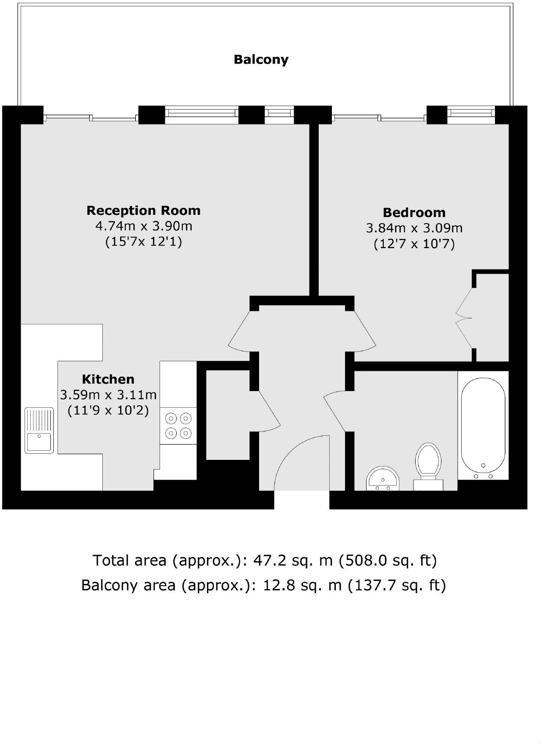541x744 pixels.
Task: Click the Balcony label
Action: coord(261,60)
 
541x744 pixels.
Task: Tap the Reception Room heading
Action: coord(143,210)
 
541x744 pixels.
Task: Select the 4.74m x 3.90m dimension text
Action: coord(143,226)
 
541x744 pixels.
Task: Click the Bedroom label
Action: coord(414,213)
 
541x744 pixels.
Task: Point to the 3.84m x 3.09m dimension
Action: coord(414,228)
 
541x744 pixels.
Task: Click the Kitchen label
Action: coord(108,379)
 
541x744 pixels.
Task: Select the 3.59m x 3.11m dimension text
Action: coord(108,395)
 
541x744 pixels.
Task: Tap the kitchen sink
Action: coord(39,430)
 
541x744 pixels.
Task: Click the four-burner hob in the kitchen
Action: coord(178,426)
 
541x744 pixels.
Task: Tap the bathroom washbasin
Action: coord(383,479)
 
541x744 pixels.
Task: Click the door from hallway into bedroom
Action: coord(364,331)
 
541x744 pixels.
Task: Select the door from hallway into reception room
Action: coord(240,331)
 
